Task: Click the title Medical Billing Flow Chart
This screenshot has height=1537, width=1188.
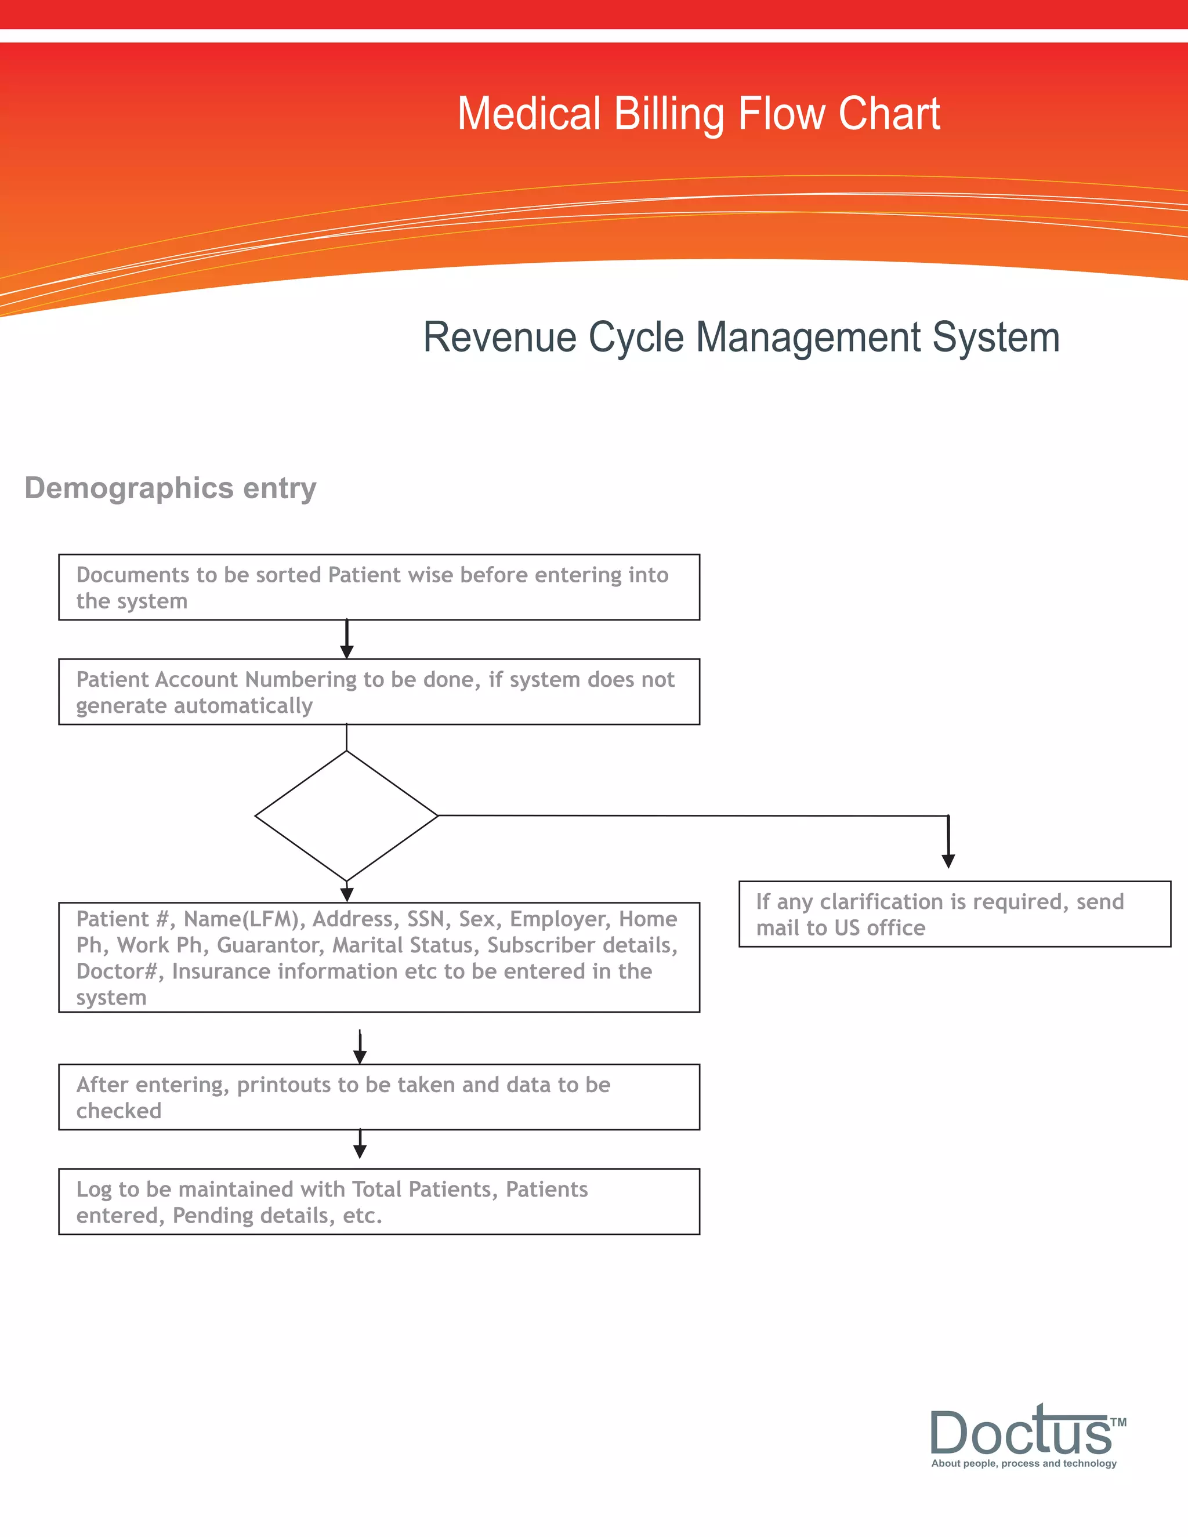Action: pyautogui.click(x=698, y=114)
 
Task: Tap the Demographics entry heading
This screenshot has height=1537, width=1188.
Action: pyautogui.click(x=171, y=488)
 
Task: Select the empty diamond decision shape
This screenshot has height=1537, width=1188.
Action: pyautogui.click(x=346, y=815)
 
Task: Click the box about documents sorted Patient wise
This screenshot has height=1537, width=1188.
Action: pyautogui.click(x=379, y=587)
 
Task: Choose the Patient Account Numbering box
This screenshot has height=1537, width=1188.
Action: pyautogui.click(x=379, y=692)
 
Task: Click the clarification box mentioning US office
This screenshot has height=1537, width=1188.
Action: pyautogui.click(x=954, y=913)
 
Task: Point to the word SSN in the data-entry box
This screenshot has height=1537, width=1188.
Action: pyautogui.click(x=426, y=919)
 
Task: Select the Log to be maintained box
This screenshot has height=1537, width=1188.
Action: pyautogui.click(x=379, y=1201)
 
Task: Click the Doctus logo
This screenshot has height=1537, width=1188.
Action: pyautogui.click(x=1020, y=1431)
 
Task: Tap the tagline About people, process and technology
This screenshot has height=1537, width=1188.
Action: pyautogui.click(x=1023, y=1463)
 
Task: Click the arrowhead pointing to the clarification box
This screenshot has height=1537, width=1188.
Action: pyautogui.click(x=948, y=860)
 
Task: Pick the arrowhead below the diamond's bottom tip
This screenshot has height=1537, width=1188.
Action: pyautogui.click(x=346, y=894)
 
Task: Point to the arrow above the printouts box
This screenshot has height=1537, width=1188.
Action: pyautogui.click(x=360, y=1049)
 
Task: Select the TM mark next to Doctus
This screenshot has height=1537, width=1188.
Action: pyautogui.click(x=1118, y=1422)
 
